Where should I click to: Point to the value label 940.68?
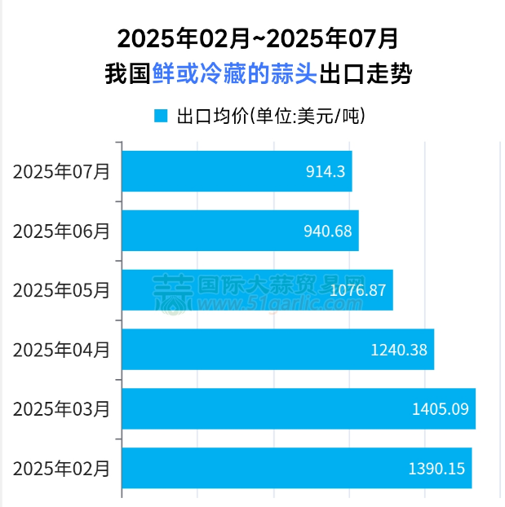[327, 231]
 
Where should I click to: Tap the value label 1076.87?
[358, 290]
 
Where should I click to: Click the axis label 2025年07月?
[61, 171]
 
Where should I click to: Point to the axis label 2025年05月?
[61, 290]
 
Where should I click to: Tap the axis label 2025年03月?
[61, 409]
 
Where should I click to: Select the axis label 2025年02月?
[61, 469]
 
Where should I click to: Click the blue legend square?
[161, 116]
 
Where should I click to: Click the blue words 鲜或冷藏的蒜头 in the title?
[234, 76]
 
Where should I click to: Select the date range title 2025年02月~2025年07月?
[258, 38]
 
